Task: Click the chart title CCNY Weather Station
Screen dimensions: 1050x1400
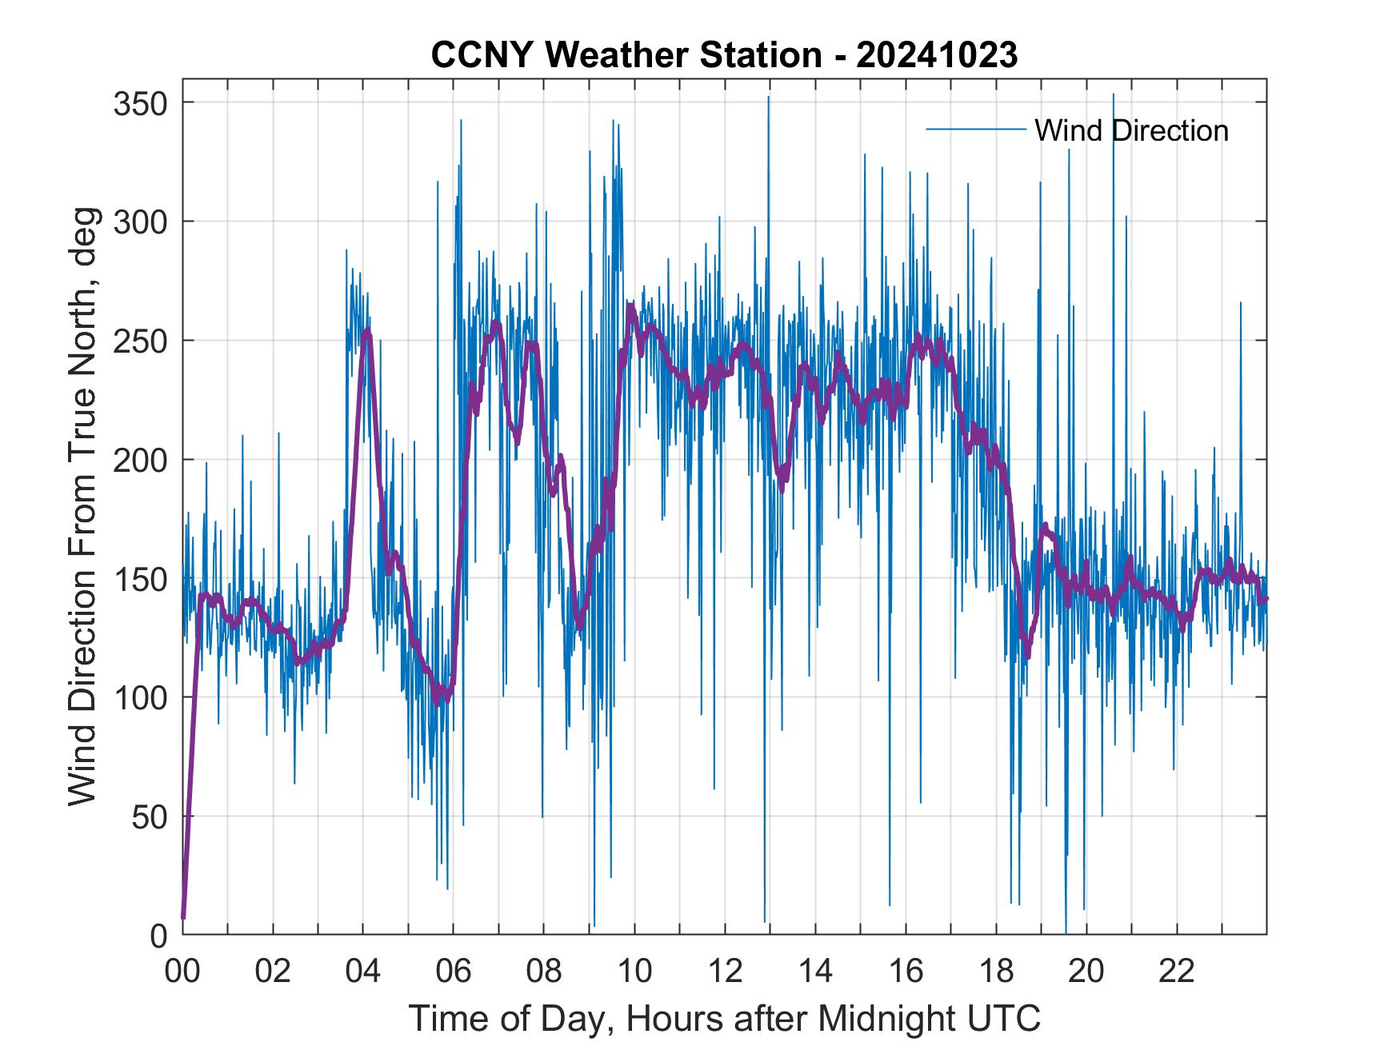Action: pos(626,55)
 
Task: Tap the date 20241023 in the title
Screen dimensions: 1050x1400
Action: pos(937,55)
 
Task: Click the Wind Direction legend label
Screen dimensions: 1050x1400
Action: pos(1131,130)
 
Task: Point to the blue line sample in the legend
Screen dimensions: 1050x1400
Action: pos(975,130)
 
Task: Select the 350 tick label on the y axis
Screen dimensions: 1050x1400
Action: pos(140,103)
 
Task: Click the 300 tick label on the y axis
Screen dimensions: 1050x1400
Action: pos(140,222)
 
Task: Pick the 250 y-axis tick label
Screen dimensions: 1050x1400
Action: pos(140,341)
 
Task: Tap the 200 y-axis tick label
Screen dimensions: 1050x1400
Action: pos(140,460)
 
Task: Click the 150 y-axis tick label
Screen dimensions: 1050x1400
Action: pos(140,579)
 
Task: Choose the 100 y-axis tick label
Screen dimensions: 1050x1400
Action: pos(140,697)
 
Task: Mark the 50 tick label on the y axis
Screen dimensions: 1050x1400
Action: pos(149,816)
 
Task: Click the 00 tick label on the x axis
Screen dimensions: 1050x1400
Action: pos(182,971)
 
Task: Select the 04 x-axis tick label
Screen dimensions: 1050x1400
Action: pos(363,971)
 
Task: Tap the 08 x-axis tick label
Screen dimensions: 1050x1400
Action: pos(544,971)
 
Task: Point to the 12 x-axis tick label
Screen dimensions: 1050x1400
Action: pos(725,971)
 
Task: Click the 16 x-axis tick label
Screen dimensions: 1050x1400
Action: pos(906,971)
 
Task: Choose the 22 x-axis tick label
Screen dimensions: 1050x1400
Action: pos(1177,971)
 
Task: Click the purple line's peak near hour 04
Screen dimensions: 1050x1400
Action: pos(366,331)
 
